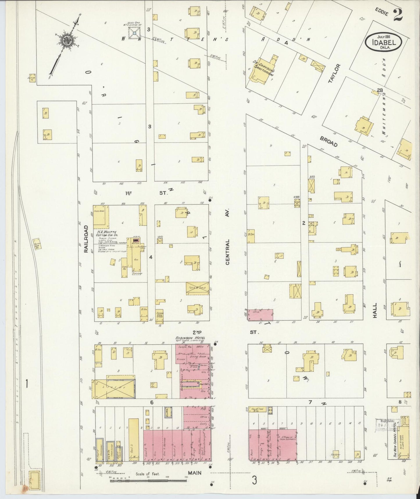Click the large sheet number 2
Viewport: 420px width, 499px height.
coord(398,15)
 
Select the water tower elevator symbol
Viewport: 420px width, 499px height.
coord(134,34)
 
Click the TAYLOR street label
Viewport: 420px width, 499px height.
coord(334,74)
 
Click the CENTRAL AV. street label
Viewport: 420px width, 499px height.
coord(227,252)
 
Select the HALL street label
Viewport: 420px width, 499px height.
coord(375,310)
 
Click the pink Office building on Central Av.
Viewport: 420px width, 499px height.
coord(260,315)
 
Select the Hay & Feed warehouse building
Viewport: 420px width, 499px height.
coord(257,410)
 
